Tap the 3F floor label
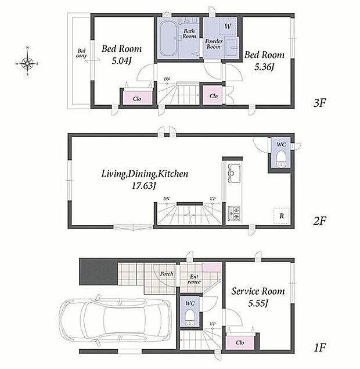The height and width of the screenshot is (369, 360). pyautogui.click(x=319, y=103)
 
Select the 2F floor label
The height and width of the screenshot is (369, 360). pyautogui.click(x=319, y=221)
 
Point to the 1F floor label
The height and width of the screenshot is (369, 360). pyautogui.click(x=319, y=347)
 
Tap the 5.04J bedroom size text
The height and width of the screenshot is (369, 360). pyautogui.click(x=121, y=61)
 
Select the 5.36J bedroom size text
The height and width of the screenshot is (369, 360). pyautogui.click(x=264, y=67)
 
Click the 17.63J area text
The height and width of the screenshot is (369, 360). pyautogui.click(x=144, y=186)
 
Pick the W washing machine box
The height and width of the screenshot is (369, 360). pyautogui.click(x=228, y=26)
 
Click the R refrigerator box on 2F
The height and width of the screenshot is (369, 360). pyautogui.click(x=282, y=216)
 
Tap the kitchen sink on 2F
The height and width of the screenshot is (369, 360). pyautogui.click(x=233, y=173)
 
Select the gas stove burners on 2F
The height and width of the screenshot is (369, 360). pyautogui.click(x=234, y=213)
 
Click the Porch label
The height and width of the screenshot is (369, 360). pyautogui.click(x=167, y=274)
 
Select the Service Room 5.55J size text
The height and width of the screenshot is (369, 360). pyautogui.click(x=258, y=303)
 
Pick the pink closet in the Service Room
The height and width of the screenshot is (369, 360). pyautogui.click(x=240, y=343)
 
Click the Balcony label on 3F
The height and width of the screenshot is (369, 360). pyautogui.click(x=82, y=53)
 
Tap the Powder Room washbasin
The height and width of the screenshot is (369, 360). pyautogui.click(x=232, y=48)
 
